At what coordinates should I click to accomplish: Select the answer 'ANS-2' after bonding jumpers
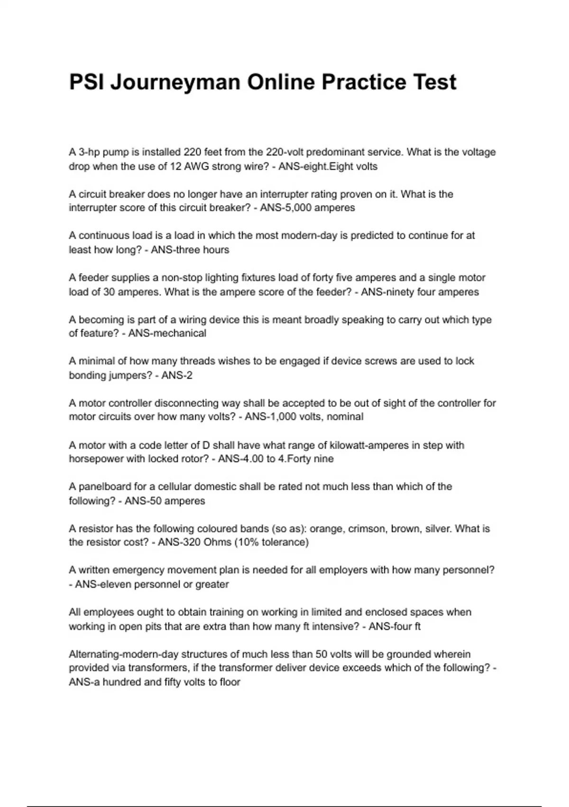point(177,375)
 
